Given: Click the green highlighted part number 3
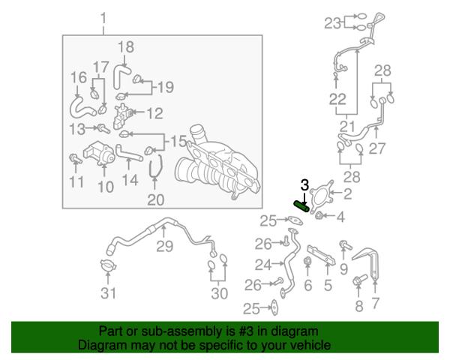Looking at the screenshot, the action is coord(301,206).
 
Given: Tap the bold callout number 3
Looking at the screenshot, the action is coord(304,185).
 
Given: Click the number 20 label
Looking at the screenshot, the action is coord(155,199).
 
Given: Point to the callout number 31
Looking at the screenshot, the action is coord(109,293).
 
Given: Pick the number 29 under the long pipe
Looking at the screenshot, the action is coord(165,246).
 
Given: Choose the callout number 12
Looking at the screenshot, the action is coord(155,113).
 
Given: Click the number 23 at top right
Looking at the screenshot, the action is coord(332,23).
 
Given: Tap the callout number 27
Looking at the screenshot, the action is coord(376,148).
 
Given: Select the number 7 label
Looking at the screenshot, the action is coord(376,303).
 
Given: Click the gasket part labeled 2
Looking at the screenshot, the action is coord(322,196).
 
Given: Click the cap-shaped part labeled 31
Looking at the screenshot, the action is coord(108,265).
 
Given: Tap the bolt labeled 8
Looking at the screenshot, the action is coord(359,280).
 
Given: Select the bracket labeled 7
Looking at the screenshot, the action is coord(368,263).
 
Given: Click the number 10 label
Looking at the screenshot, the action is coord(106,187).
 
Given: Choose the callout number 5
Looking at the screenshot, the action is coord(328,285).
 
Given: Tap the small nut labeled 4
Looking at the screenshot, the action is coord(318,215).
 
